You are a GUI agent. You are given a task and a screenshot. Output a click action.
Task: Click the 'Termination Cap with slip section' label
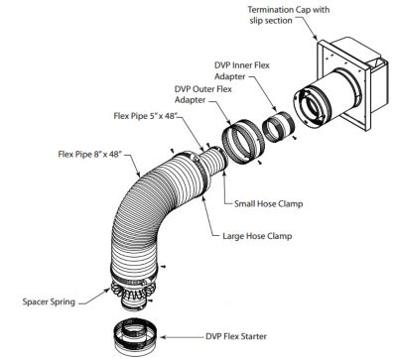click(289, 15)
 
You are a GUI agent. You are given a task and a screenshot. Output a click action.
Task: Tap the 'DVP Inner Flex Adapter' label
click(242, 70)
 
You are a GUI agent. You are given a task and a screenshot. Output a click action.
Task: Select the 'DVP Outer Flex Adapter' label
click(203, 94)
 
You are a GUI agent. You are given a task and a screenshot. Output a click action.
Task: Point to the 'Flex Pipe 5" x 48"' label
click(148, 116)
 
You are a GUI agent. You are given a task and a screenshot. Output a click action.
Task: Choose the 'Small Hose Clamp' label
click(268, 203)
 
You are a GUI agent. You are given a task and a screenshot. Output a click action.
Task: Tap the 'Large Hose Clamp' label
click(257, 236)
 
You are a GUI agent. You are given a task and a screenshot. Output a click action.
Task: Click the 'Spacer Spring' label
click(49, 301)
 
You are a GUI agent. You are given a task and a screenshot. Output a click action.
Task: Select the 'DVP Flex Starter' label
click(236, 336)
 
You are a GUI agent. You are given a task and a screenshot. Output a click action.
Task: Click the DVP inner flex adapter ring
click(277, 127)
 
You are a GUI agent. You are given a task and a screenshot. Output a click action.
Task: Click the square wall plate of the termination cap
click(342, 85)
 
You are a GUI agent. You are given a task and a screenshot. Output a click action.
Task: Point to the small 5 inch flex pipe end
click(212, 160)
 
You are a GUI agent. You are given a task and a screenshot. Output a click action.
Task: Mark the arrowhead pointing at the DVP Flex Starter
click(162, 337)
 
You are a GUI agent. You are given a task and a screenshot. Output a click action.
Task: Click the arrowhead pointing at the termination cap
click(316, 37)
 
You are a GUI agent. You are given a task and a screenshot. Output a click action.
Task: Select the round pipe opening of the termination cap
click(313, 107)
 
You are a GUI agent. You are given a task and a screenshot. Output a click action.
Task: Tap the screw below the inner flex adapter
click(295, 137)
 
